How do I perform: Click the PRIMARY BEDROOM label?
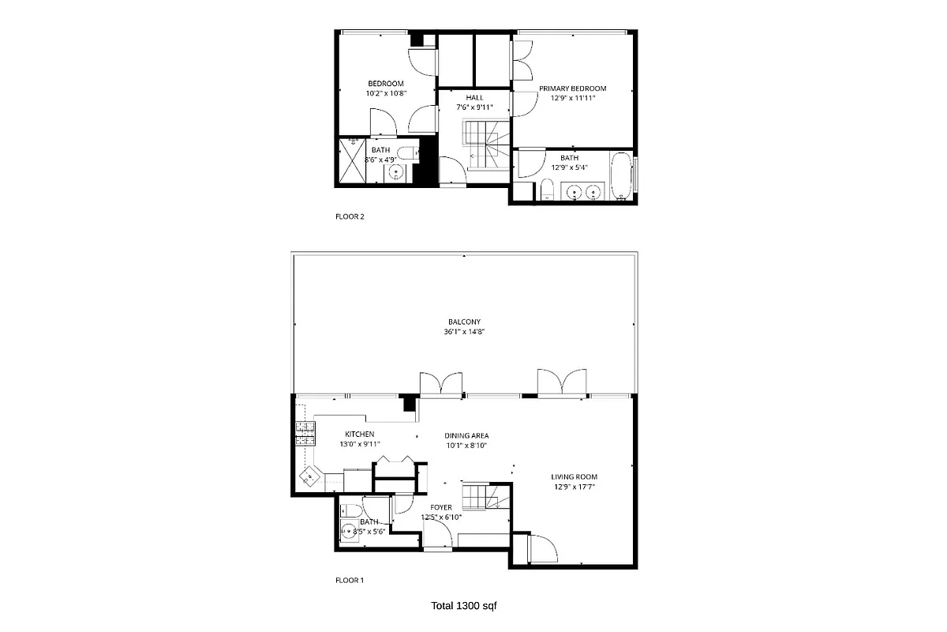572,88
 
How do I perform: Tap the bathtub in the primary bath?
623,176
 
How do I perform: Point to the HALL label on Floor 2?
473,97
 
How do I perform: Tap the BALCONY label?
464,322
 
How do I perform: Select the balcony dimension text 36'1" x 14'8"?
464,333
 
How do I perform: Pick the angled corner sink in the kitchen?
310,476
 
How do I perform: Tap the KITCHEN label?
359,434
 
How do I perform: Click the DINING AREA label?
466,435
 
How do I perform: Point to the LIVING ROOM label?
574,476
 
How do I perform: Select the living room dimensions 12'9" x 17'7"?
574,487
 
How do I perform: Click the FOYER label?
441,507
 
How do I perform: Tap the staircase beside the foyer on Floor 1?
481,498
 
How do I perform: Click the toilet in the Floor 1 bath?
353,509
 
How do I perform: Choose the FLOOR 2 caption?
350,216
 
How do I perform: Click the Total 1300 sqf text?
464,606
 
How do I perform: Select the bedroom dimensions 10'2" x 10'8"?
386,93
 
